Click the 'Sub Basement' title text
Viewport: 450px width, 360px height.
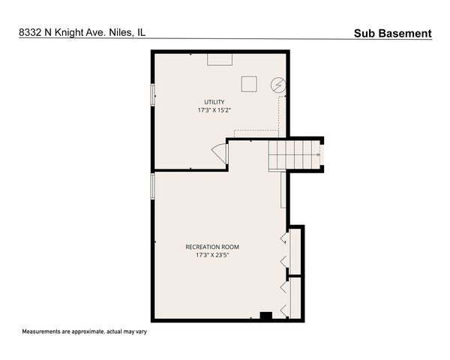point(392,33)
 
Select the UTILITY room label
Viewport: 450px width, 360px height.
point(214,102)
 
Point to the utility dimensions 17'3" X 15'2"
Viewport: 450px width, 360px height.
point(214,111)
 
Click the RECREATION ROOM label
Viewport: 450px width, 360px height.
point(212,247)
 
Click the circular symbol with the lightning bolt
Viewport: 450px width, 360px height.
point(278,85)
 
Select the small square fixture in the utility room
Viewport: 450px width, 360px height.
point(248,83)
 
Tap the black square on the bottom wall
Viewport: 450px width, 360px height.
point(265,316)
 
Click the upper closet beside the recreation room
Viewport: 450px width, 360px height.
point(295,250)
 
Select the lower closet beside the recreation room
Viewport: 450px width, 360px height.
point(295,297)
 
